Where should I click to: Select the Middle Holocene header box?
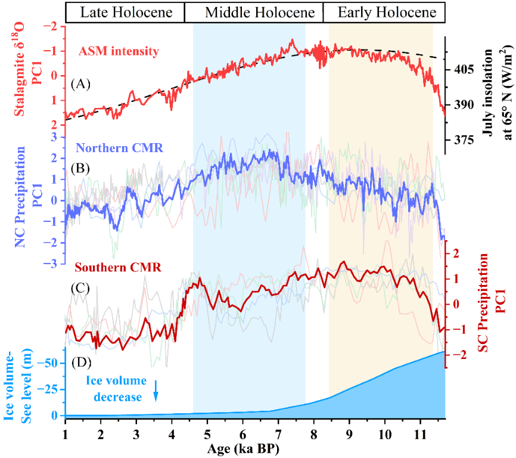pos(254,11)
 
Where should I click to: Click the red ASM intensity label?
pos(119,51)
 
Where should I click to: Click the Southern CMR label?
pos(115,267)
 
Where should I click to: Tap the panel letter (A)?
pos(80,84)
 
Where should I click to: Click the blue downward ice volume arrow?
pos(156,390)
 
